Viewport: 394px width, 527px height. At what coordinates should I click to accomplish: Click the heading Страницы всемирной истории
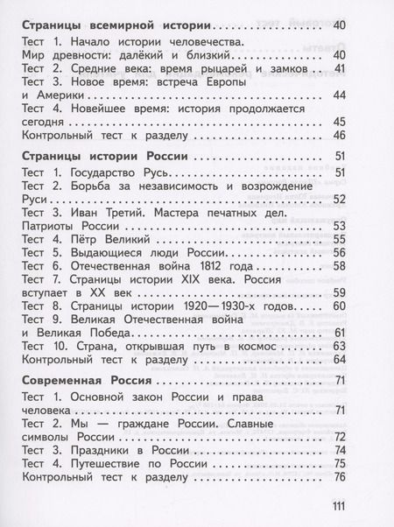click(x=111, y=28)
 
